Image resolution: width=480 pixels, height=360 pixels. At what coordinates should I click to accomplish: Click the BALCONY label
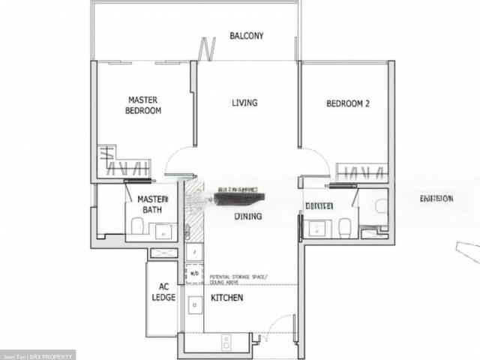tap(246, 36)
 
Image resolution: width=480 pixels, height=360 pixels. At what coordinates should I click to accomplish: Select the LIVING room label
tap(244, 103)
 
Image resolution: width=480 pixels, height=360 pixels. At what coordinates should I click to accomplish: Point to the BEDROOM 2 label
tap(347, 104)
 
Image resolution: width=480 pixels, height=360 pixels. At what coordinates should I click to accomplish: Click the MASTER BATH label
tap(151, 204)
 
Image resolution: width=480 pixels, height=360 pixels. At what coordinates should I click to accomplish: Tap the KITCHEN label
tap(226, 298)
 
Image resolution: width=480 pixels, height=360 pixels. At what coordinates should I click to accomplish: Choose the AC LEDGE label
tap(163, 292)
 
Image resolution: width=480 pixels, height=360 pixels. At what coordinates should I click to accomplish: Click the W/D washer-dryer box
tap(194, 274)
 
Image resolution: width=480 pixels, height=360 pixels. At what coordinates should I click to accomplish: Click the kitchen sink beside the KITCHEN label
tap(193, 304)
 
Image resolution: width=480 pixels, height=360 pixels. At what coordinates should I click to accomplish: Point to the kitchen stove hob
tap(226, 343)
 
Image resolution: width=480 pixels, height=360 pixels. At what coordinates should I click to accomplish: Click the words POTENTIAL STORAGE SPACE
tap(235, 277)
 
